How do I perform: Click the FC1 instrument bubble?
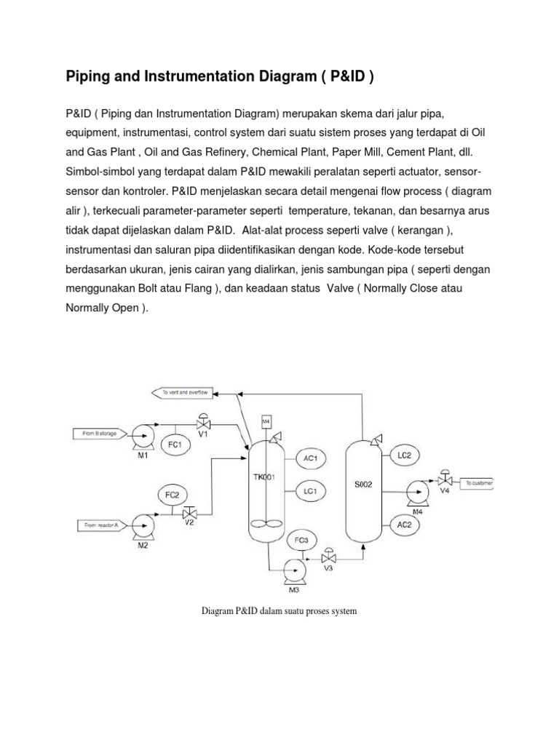[x=174, y=444]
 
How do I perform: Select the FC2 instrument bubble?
[x=171, y=495]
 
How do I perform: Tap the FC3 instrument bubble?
[x=302, y=541]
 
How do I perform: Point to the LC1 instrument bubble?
[x=310, y=491]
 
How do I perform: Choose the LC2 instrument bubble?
[x=405, y=455]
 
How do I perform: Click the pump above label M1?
[x=144, y=434]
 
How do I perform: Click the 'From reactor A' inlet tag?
[x=102, y=523]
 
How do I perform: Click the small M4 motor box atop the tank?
[x=266, y=421]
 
